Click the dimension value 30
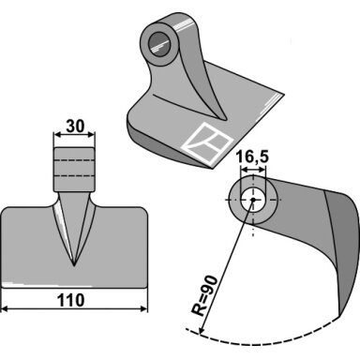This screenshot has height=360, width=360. pos(75,127)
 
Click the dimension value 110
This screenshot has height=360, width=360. pos(70,300)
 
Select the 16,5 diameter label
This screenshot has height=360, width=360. pos(252,157)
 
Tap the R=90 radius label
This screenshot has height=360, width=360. pos(203,295)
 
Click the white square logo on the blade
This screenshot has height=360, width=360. pos(208,143)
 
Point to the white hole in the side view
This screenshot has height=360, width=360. pos(253,200)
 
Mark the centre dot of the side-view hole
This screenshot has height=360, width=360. pos(253,200)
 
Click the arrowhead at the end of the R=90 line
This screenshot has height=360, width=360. pos(201,331)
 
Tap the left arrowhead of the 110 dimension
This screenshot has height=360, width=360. pos(5,309)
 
